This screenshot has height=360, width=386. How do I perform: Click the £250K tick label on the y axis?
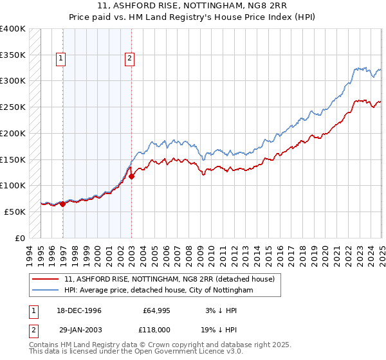pyautogui.click(x=12, y=107)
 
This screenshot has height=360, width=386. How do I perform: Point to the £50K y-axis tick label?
pyautogui.click(x=15, y=212)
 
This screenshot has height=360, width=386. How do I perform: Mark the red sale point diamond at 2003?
pyautogui.click(x=131, y=175)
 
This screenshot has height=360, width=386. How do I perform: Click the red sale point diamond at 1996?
pyautogui.click(x=63, y=204)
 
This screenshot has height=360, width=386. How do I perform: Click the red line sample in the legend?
pyautogui.click(x=45, y=279)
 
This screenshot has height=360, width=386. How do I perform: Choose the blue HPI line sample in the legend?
pyautogui.click(x=45, y=290)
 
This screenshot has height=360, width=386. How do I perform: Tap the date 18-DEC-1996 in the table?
pyautogui.click(x=76, y=310)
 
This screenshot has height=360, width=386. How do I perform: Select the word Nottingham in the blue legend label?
pyautogui.click(x=230, y=290)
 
